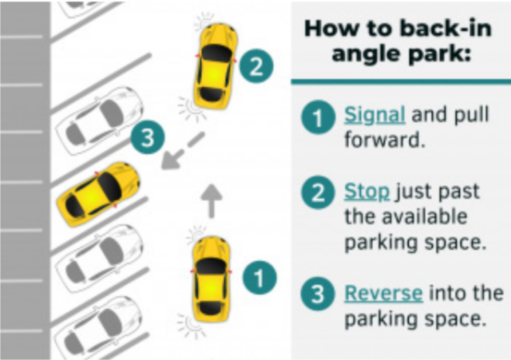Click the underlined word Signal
pos(375,114)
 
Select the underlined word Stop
pos(367,192)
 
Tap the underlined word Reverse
pos(383,293)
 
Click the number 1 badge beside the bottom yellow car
pos(260,275)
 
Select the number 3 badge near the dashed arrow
pos(148,138)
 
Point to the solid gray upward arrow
pos(212,200)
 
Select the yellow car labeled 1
pos(211,277)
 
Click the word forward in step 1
pos(384,140)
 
